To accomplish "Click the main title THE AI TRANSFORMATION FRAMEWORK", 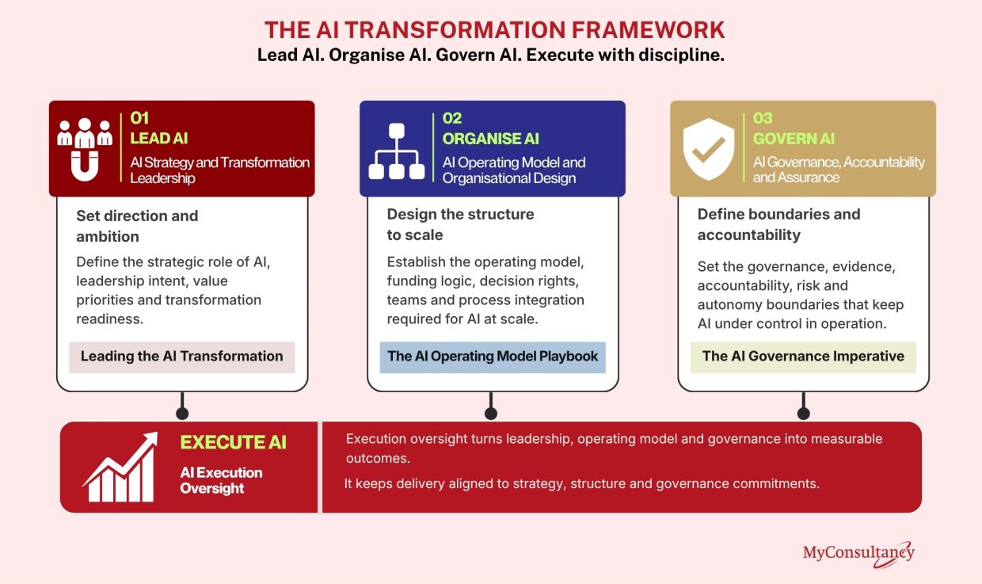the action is [x=494, y=30].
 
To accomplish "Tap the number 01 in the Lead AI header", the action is [x=139, y=118].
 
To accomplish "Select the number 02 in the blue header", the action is [x=452, y=118].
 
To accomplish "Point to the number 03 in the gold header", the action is [x=763, y=118].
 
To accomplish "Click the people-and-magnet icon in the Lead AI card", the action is [x=85, y=150].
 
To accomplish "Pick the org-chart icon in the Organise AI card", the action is [x=396, y=151].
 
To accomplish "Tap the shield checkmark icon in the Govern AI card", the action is [x=709, y=149].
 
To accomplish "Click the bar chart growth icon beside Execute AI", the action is [x=120, y=467].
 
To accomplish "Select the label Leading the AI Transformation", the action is [x=182, y=357].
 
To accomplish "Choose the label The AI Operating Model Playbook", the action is [x=493, y=357].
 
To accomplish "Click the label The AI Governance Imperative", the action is [x=803, y=357].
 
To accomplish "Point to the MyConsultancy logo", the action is [x=858, y=554].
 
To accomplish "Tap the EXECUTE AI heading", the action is [x=233, y=442].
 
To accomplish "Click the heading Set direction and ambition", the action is [x=137, y=227].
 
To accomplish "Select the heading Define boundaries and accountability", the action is [x=779, y=225].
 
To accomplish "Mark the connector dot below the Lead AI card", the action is [x=182, y=414].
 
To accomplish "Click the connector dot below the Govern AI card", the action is [x=804, y=414].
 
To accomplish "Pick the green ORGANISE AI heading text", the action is [x=490, y=139].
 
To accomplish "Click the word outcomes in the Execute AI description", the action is [x=378, y=459].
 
